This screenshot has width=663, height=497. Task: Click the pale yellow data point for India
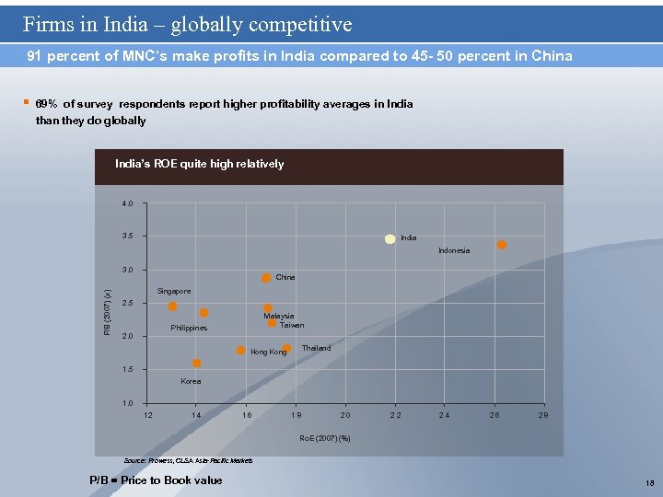click(x=390, y=238)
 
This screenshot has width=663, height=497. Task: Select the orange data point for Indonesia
click(x=502, y=245)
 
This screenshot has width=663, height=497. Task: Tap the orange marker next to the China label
click(x=266, y=278)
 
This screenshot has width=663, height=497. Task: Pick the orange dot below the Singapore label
click(x=172, y=306)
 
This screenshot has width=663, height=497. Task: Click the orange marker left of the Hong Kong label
click(x=240, y=351)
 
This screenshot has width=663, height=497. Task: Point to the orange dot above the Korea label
click(x=196, y=364)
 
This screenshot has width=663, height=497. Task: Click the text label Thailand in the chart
click(x=316, y=349)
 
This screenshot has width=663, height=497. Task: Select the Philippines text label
click(x=189, y=328)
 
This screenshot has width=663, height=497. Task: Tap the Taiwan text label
click(x=292, y=325)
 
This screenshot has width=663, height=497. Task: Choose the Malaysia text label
click(x=279, y=316)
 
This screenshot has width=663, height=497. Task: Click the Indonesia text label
click(x=454, y=250)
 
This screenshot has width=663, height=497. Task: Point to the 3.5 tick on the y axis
click(x=127, y=237)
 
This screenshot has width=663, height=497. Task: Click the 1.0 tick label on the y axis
click(x=127, y=403)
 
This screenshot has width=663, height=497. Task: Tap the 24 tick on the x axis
click(x=445, y=416)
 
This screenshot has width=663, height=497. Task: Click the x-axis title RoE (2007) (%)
click(x=325, y=438)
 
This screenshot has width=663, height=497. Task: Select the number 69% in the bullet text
click(x=46, y=104)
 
